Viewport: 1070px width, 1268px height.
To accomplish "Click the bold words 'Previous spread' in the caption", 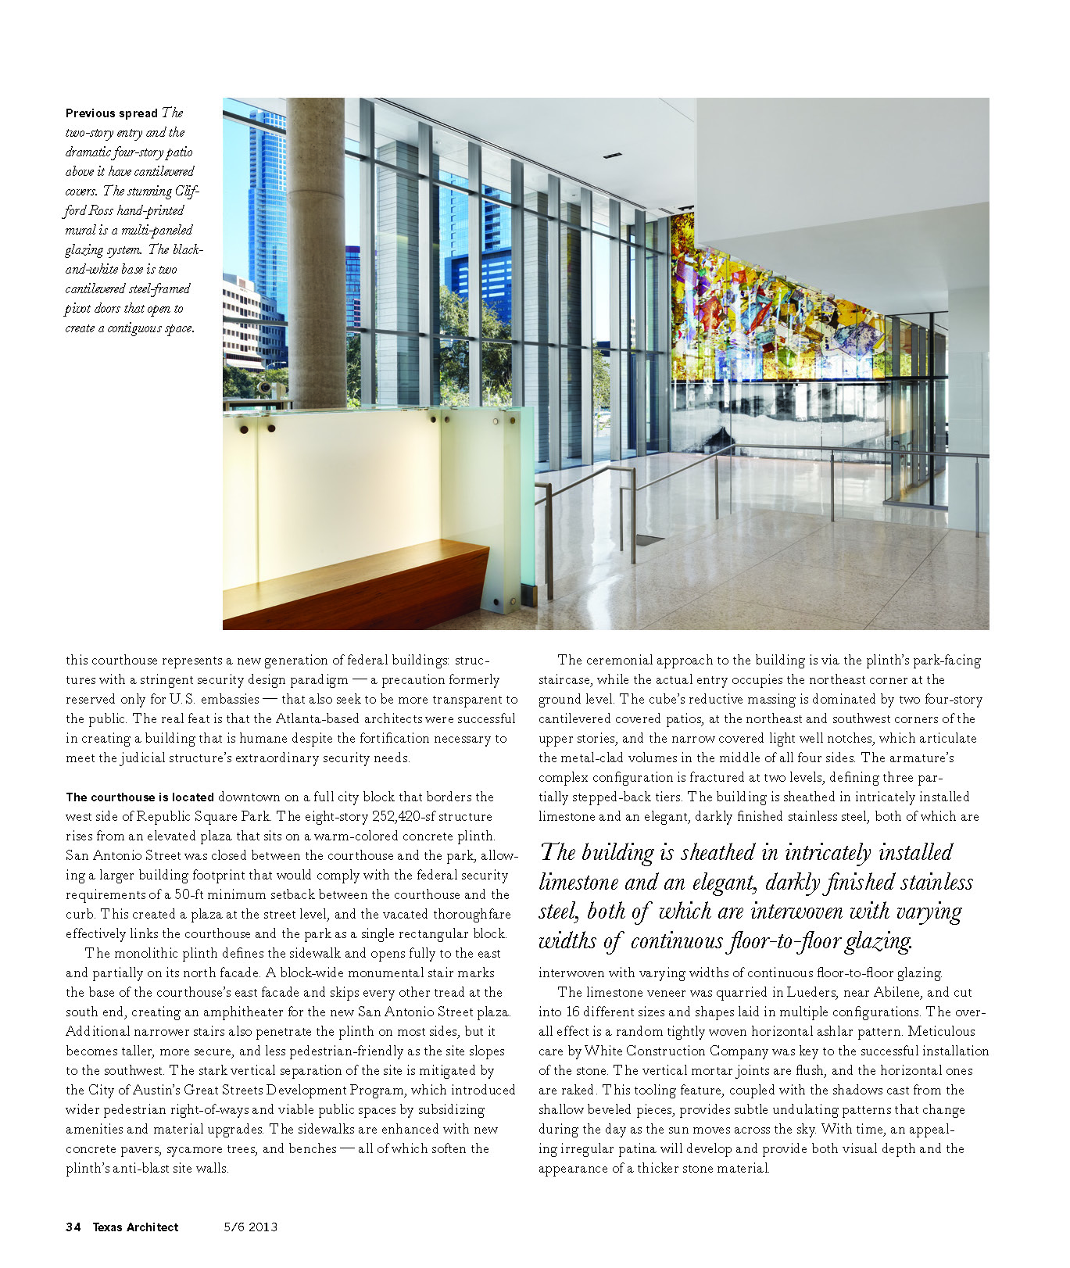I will pos(112,113).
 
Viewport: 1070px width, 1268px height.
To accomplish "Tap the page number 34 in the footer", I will pos(73,1227).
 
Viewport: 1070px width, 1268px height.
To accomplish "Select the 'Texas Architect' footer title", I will pos(135,1227).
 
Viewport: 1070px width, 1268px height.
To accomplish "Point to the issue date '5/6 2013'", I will pos(250,1227).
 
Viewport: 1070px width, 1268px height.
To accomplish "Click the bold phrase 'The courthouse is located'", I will pos(140,797).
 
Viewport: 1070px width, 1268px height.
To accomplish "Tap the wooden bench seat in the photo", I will pos(352,578).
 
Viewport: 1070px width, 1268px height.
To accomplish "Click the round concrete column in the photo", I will pos(316,250).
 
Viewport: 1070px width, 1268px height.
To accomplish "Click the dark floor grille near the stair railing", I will pos(650,539).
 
